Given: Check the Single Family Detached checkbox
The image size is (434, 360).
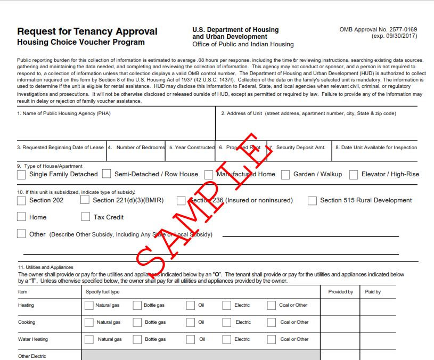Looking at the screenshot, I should pyautogui.click(x=21, y=175).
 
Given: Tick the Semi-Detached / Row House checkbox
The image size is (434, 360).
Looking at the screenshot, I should pyautogui.click(x=107, y=174).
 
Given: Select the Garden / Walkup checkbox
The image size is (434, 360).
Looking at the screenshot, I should pyautogui.click(x=285, y=175).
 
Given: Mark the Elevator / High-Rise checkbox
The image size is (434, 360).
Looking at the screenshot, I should pyautogui.click(x=354, y=175).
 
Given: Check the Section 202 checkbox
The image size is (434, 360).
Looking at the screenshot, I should pyautogui.click(x=21, y=201).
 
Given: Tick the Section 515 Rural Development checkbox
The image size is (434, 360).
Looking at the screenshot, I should pyautogui.click(x=312, y=201).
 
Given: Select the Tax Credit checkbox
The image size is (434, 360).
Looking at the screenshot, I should pyautogui.click(x=85, y=217).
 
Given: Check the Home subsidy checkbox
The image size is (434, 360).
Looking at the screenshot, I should pyautogui.click(x=21, y=217).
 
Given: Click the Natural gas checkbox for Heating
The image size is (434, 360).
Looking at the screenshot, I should pyautogui.click(x=89, y=306).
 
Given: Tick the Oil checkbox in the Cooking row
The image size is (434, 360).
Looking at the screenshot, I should pyautogui.click(x=190, y=322).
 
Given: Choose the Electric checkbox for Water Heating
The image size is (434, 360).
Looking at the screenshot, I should pyautogui.click(x=226, y=339).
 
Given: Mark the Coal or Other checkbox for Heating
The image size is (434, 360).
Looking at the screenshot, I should pyautogui.click(x=271, y=306).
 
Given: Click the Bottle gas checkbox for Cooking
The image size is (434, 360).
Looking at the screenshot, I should pyautogui.click(x=137, y=322).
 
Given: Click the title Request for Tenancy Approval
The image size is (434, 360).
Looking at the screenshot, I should pyautogui.click(x=87, y=31).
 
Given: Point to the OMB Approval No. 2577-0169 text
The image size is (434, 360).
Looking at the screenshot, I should pyautogui.click(x=378, y=30).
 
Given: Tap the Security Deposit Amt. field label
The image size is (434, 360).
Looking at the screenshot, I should pyautogui.click(x=300, y=148).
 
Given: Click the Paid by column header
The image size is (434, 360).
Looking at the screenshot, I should pyautogui.click(x=373, y=292).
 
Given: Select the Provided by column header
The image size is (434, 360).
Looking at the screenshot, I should pyautogui.click(x=340, y=292).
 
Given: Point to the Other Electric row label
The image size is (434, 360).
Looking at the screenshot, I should pyautogui.click(x=32, y=356).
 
